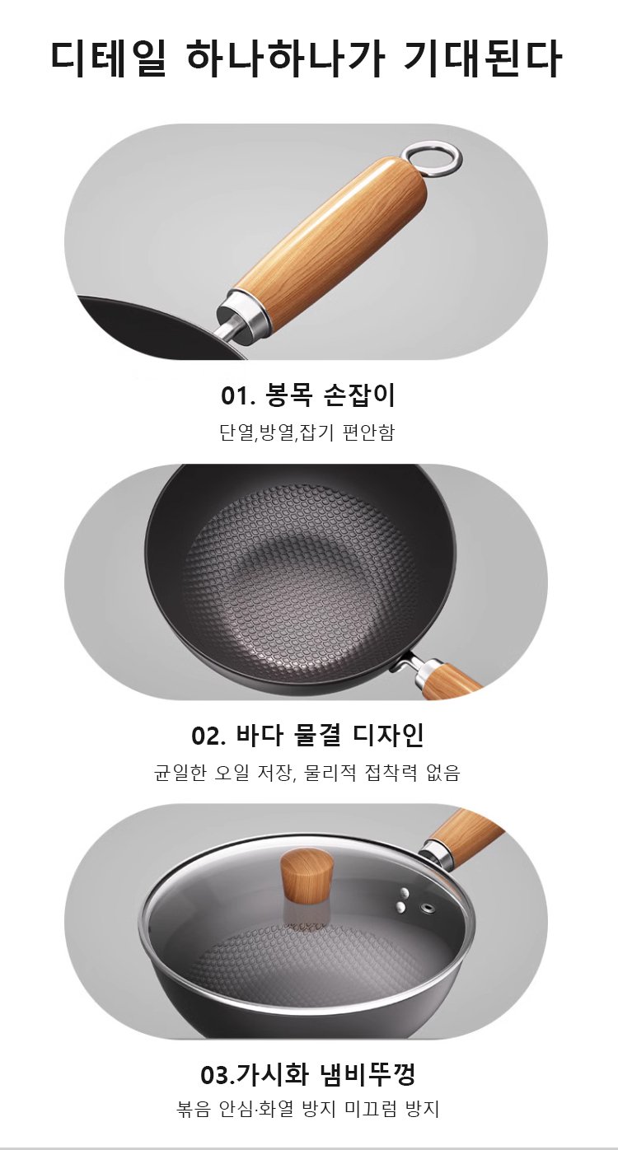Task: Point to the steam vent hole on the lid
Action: pyautogui.click(x=426, y=909)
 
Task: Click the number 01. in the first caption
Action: pyautogui.click(x=238, y=395)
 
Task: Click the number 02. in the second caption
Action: pyautogui.click(x=208, y=736)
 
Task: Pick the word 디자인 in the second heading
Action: pyautogui.click(x=389, y=735)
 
